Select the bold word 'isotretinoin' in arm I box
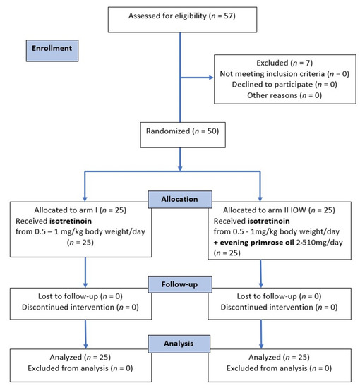(78, 222)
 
